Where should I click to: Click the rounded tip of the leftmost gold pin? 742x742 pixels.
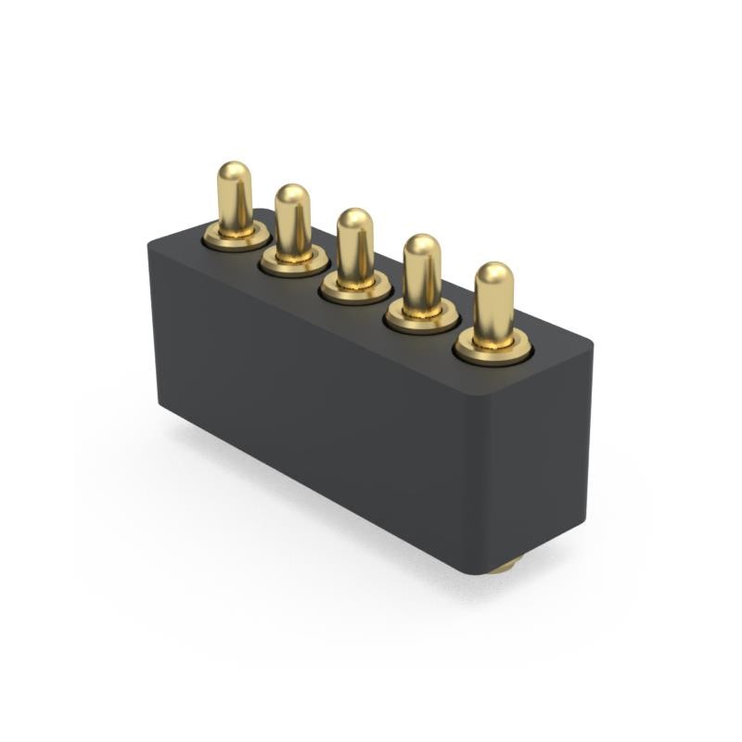tap(234, 173)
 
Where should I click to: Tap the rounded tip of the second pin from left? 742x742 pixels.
tap(292, 195)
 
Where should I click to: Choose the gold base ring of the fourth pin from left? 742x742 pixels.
tap(422, 320)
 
